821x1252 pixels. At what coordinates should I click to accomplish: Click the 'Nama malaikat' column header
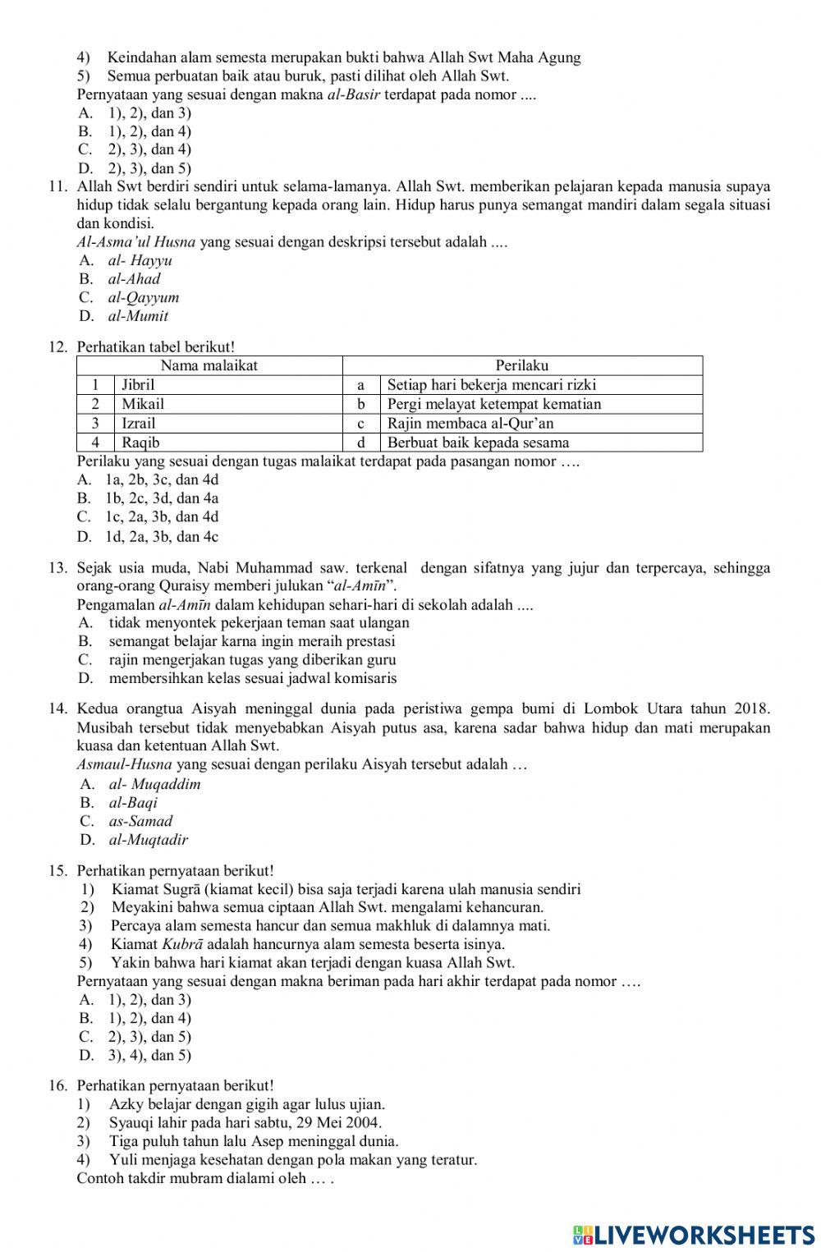click(x=209, y=365)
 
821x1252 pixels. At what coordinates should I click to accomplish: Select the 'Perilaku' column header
click(x=521, y=365)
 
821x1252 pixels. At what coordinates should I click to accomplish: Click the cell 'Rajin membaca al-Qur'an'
click(x=470, y=424)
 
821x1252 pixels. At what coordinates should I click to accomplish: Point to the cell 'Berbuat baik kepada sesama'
click(x=478, y=443)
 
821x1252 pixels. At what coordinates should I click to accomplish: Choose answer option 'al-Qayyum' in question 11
click(x=143, y=297)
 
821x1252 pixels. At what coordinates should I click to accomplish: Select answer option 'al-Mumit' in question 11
click(x=138, y=316)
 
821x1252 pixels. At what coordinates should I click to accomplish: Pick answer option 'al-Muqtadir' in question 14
click(x=148, y=840)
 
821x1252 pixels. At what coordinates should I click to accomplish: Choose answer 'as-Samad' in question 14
click(x=140, y=821)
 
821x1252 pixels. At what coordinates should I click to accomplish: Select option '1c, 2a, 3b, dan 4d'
click(x=162, y=517)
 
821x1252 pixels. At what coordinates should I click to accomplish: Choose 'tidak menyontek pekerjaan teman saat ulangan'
click(x=259, y=622)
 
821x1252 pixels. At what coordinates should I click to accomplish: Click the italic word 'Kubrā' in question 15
click(x=182, y=944)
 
